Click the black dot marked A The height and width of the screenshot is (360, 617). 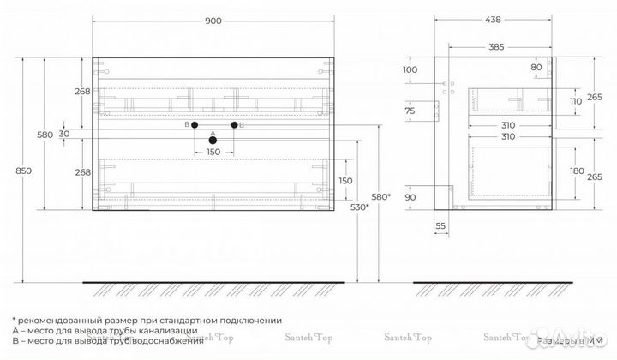pyautogui.click(x=213, y=140)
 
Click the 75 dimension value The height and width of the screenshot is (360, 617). pyautogui.click(x=410, y=111)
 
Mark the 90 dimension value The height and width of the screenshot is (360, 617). pyautogui.click(x=410, y=198)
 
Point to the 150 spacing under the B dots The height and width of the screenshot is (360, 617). pyautogui.click(x=213, y=153)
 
